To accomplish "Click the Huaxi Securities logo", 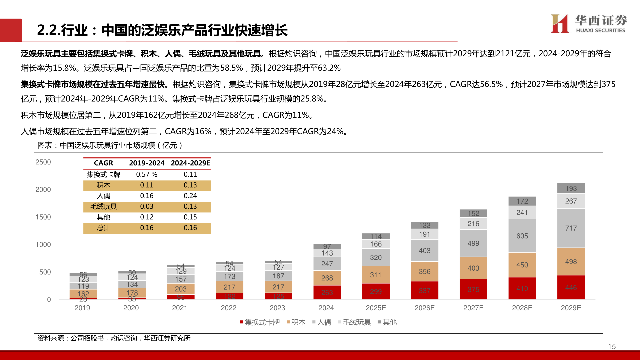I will click(589, 24).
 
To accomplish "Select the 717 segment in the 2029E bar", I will click(571, 228).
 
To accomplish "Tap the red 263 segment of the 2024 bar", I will click(327, 292).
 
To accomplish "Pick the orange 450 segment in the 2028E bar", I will click(522, 265).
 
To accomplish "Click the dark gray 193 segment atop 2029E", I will click(571, 188).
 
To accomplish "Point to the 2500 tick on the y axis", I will click(43, 162).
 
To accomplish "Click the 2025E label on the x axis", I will click(376, 308).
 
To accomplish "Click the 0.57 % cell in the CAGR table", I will click(147, 174).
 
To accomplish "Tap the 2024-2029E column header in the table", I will click(190, 163).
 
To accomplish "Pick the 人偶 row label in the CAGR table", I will click(103, 196).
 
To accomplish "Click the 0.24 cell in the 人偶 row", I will click(190, 196).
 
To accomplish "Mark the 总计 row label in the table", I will click(103, 228).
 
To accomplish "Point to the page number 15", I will click(612, 347).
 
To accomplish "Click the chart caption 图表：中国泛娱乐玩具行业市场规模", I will click(110, 145).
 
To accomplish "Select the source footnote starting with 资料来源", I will click(114, 338).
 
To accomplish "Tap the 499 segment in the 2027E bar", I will click(473, 243).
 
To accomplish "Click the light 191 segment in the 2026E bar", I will click(424, 234).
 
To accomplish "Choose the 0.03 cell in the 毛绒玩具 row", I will click(147, 206).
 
